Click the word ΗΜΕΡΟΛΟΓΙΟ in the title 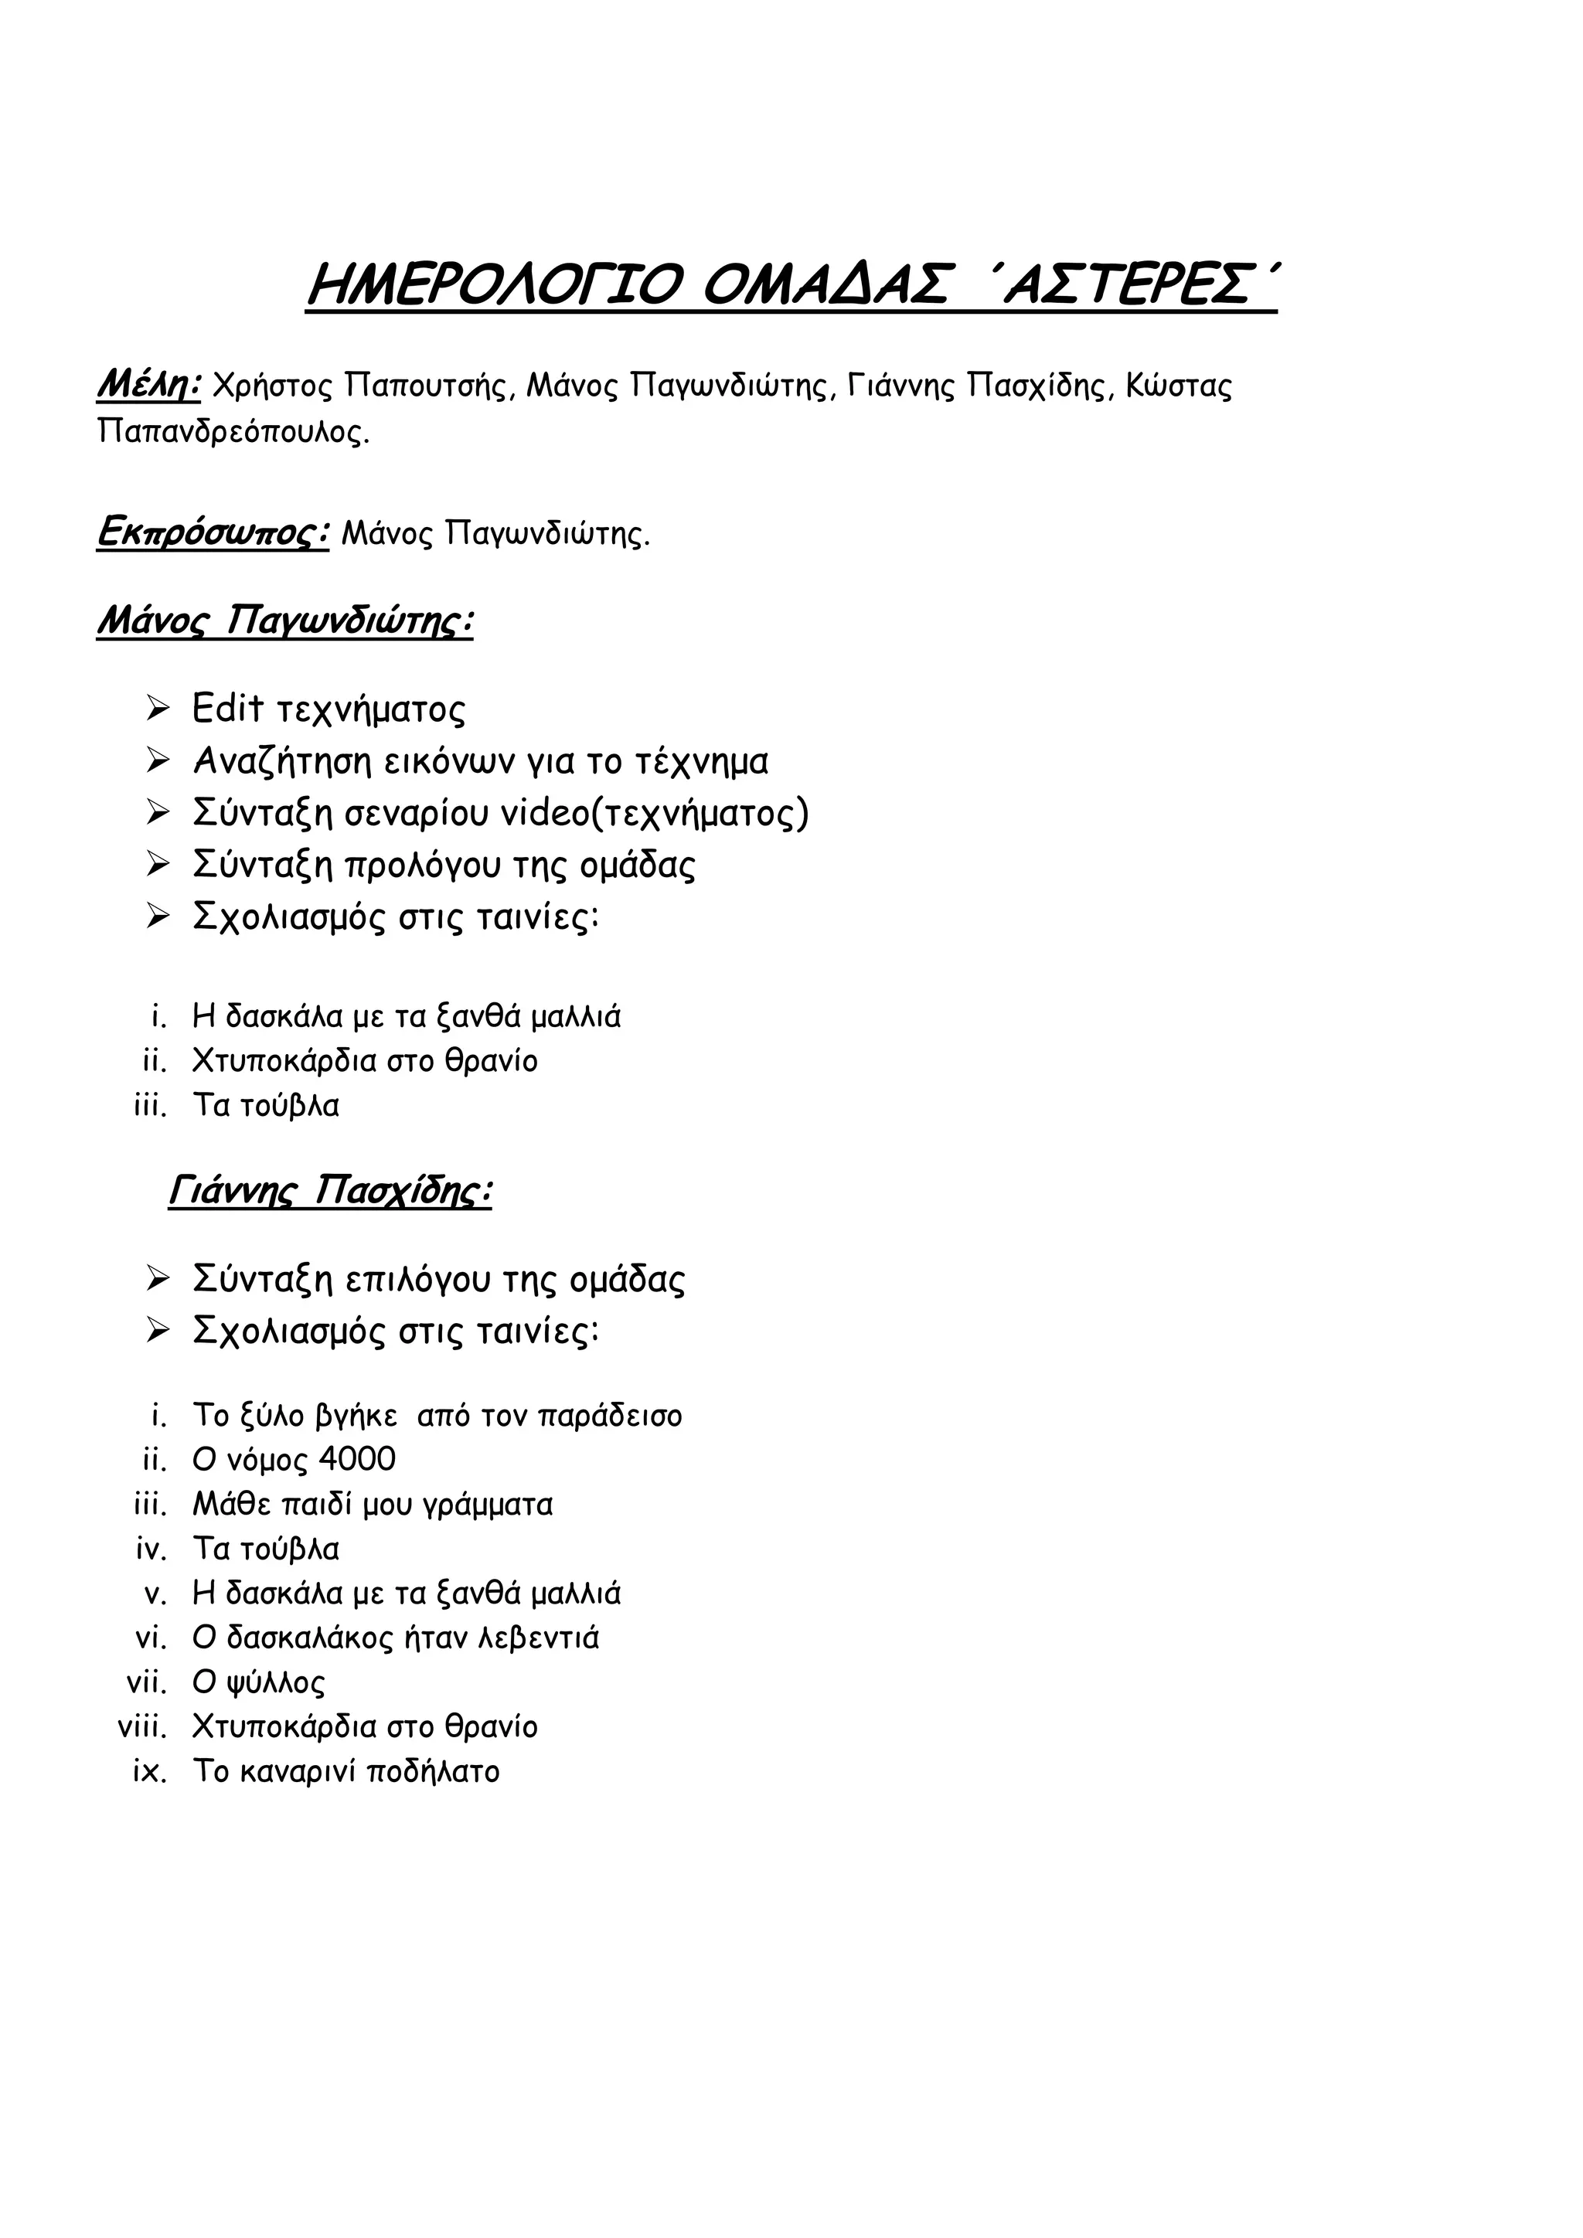point(492,286)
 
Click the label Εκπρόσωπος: point(213,532)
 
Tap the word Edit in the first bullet point(227,708)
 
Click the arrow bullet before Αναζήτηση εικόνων point(158,760)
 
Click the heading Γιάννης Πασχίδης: point(329,1191)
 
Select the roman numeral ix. point(150,1771)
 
